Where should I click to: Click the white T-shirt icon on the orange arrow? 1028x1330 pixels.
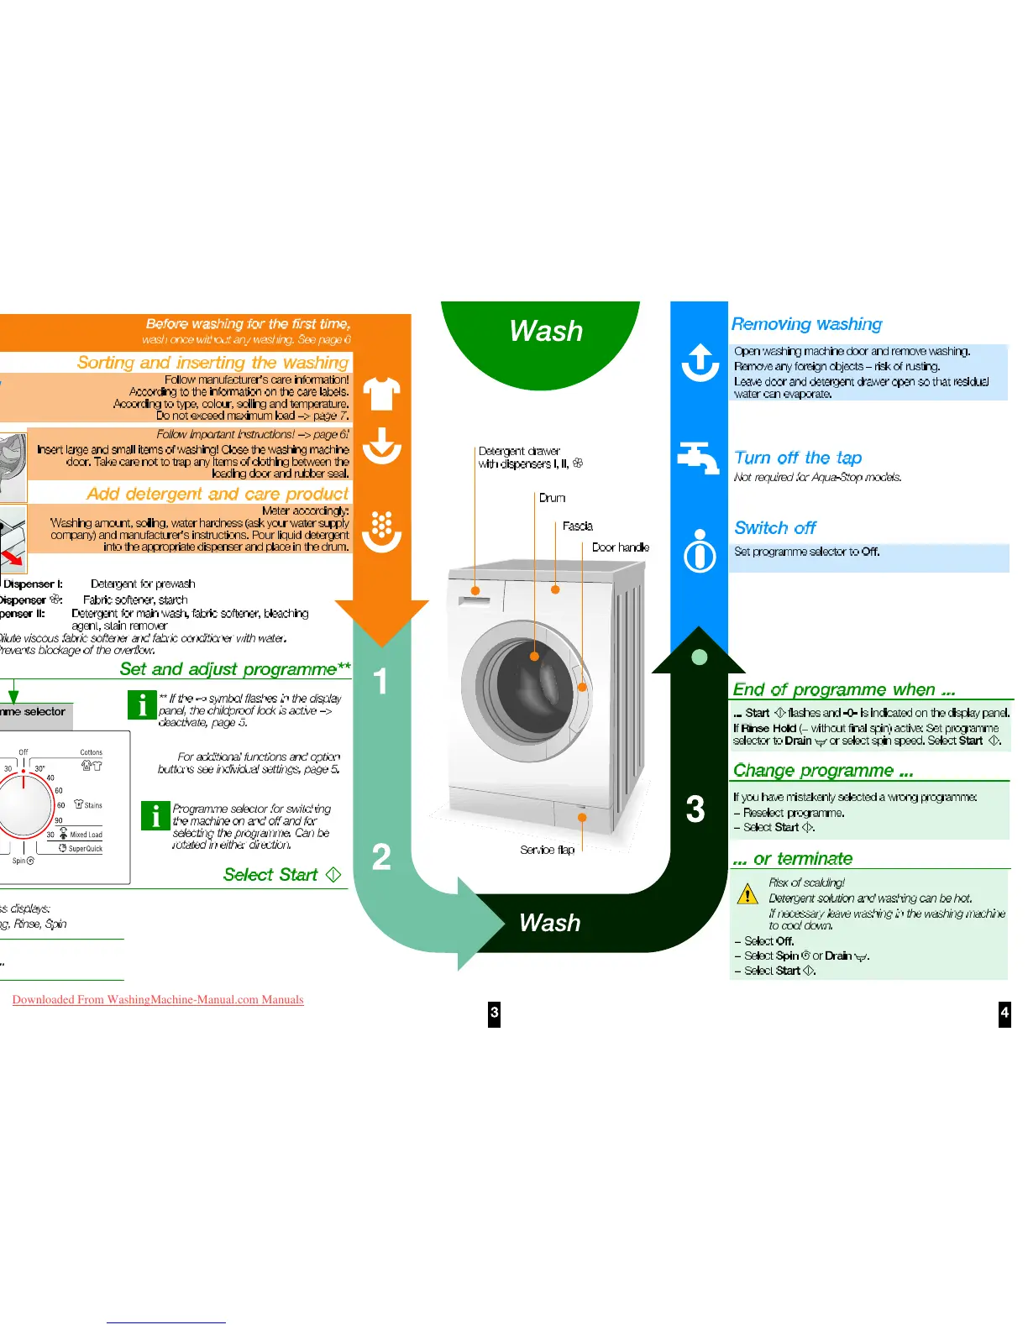381,393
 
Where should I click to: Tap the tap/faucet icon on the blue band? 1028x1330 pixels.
698,458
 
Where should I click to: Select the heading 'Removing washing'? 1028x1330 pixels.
806,324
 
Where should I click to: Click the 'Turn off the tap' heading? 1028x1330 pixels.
798,458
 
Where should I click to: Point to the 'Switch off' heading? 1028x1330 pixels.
774,528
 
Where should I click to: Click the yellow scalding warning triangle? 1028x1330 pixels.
747,893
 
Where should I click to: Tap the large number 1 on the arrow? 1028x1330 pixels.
380,681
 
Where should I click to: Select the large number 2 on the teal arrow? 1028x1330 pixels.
381,857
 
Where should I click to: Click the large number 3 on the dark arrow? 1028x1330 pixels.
695,809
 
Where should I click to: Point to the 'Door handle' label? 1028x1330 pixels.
620,547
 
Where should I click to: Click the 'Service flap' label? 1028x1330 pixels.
547,850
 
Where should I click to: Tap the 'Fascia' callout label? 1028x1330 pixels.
577,526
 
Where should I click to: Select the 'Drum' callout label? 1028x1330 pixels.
552,498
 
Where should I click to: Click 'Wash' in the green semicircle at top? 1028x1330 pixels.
546,331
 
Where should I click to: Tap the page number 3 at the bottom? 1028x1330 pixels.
494,1013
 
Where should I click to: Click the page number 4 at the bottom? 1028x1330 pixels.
1004,1013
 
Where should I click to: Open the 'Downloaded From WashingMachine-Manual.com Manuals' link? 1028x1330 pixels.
158,999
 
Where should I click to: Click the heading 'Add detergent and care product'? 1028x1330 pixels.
218,494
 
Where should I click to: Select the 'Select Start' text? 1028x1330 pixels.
270,875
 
